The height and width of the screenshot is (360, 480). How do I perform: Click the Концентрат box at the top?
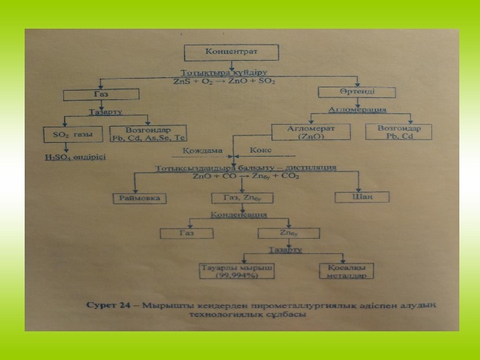[230, 51]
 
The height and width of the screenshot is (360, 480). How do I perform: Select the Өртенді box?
[353, 91]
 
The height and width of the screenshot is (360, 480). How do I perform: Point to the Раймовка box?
[139, 199]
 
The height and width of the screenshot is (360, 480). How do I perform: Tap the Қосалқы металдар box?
[345, 271]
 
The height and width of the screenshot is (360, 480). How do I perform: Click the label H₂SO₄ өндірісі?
[75, 157]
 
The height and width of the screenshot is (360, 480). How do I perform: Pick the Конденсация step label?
[239, 215]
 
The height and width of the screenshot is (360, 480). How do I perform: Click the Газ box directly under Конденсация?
[186, 233]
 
